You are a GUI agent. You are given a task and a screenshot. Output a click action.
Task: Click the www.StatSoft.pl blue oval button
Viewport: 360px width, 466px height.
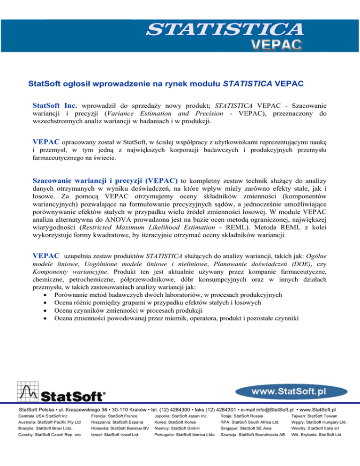tap(288, 391)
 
